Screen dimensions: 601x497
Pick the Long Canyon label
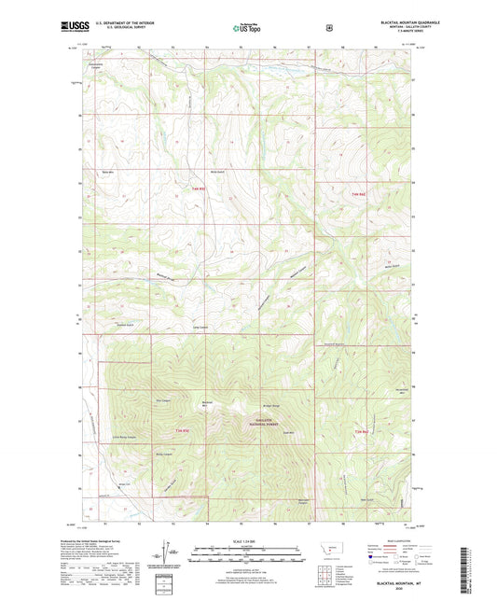click(x=200, y=328)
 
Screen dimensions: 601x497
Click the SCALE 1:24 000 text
click(x=247, y=542)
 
